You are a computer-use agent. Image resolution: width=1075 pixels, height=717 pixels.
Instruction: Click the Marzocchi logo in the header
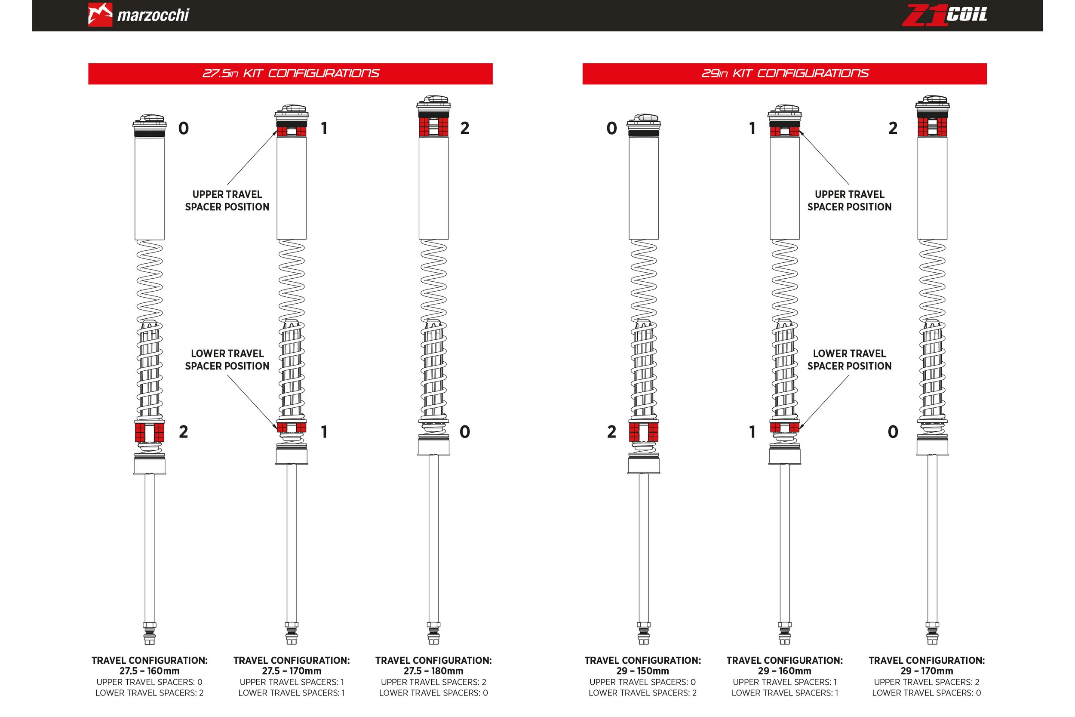[138, 15]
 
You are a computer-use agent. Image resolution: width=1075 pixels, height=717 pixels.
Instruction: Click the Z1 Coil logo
[944, 15]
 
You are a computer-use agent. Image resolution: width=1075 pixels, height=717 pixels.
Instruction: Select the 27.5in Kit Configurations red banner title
[291, 74]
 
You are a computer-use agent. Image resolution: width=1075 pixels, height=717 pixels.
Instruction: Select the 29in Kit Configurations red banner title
[784, 74]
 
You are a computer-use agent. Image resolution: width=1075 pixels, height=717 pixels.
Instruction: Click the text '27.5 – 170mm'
[292, 671]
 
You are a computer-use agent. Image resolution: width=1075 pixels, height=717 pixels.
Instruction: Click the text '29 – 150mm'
[642, 671]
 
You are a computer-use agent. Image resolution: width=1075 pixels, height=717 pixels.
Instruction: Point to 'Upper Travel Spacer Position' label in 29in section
[849, 201]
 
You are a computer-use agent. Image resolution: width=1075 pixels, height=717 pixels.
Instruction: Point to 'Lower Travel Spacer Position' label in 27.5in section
[227, 360]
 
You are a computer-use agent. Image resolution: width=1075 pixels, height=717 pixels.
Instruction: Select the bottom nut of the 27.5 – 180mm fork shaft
[433, 625]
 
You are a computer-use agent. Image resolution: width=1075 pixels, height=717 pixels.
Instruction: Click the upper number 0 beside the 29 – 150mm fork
[611, 129]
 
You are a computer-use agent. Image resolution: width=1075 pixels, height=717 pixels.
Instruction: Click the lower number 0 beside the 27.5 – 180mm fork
[464, 432]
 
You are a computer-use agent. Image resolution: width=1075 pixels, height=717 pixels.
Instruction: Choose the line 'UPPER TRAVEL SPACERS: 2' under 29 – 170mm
[927, 682]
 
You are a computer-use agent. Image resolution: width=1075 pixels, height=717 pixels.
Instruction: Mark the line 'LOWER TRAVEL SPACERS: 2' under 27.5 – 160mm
[150, 693]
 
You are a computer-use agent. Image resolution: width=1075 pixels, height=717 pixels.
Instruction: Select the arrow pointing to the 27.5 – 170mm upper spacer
[252, 158]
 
